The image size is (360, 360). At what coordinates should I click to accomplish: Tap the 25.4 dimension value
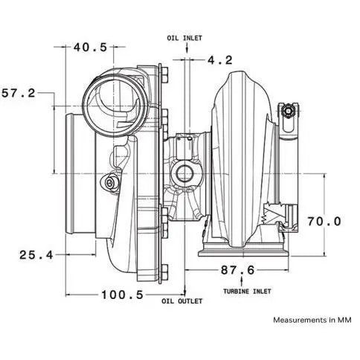coord(36,254)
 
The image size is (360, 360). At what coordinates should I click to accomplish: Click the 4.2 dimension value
coord(220,58)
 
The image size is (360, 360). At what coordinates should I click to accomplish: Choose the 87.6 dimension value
coord(232,270)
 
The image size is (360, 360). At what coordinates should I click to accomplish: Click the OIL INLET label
coord(184,36)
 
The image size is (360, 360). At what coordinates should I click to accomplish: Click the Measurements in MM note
coord(312,321)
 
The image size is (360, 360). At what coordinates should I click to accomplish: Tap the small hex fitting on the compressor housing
coord(112,182)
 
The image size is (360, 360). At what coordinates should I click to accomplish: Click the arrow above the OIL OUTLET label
coord(184,289)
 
